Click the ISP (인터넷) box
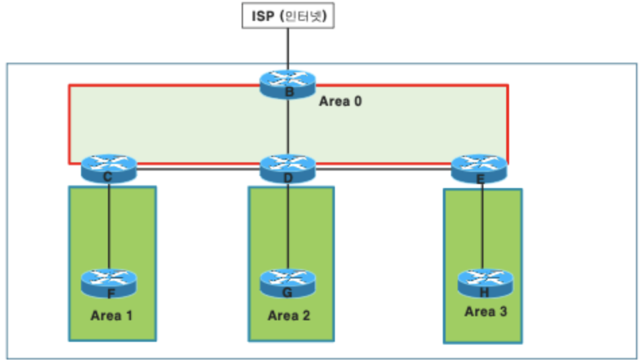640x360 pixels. pos(288,16)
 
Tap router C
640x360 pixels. pos(109,168)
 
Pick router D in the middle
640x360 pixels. pos(288,168)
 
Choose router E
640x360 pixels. pos(479,168)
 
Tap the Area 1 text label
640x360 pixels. pos(112,315)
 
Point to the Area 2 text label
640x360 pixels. pos(289,315)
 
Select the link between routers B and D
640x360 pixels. pos(288,128)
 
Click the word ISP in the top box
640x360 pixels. pos(263,16)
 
